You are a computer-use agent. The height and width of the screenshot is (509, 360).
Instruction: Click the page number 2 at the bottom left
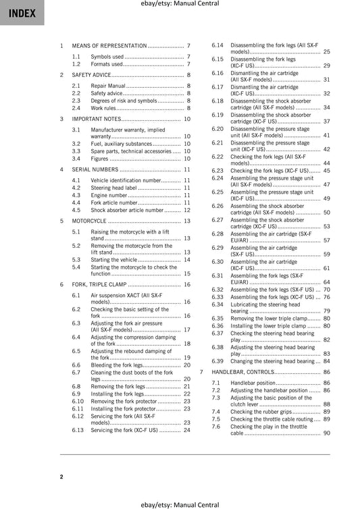61,477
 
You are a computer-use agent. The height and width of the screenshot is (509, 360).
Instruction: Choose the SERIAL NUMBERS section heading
95,169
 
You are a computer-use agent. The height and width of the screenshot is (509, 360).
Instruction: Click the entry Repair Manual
108,86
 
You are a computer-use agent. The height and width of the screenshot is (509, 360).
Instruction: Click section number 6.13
78,430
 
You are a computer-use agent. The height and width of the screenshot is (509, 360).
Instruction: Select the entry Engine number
109,195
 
